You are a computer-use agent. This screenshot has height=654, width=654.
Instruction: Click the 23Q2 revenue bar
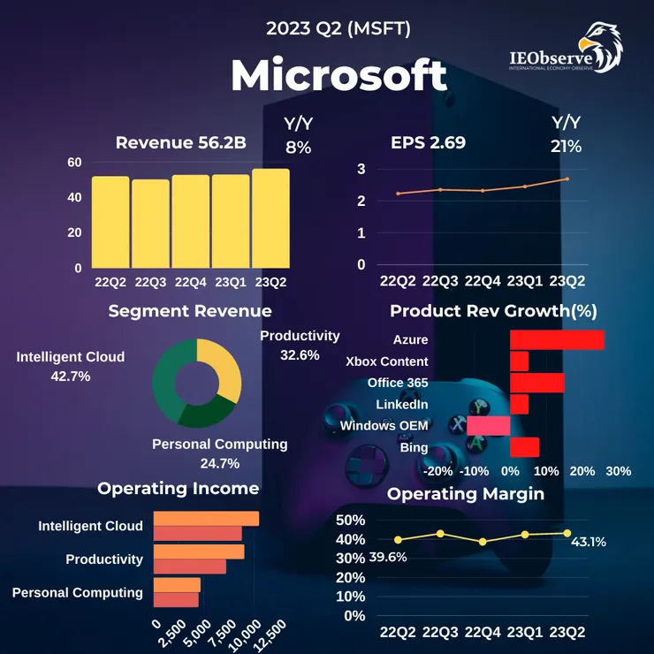[x=270, y=218]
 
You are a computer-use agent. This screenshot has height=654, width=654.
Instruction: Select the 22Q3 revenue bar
[x=150, y=223]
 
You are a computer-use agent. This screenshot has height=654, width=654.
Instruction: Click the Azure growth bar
[x=557, y=340]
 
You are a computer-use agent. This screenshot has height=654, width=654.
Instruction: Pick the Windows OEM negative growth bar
[x=489, y=426]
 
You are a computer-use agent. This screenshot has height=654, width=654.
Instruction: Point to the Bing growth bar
[x=524, y=447]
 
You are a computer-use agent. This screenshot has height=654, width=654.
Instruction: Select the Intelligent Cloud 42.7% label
[x=71, y=366]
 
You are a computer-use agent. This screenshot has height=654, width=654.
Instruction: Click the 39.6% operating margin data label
[x=362, y=557]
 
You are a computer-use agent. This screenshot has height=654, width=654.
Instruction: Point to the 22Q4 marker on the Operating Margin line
[x=483, y=542]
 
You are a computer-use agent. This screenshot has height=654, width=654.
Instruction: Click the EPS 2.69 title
[x=428, y=141]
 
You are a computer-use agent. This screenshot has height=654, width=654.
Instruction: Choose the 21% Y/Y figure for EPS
[x=566, y=146]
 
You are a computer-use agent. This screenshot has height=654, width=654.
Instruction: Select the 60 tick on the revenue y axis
[x=74, y=162]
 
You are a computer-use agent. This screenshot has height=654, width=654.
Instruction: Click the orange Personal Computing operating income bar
[x=177, y=584]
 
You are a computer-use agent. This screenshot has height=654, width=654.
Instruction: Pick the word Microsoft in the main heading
[x=338, y=76]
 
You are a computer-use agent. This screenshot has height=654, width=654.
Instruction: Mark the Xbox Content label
[x=387, y=361]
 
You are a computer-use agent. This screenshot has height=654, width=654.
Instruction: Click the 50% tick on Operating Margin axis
[x=352, y=520]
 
